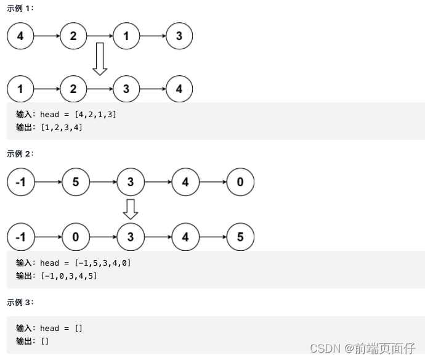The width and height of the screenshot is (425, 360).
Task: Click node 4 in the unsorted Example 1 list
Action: (x=20, y=36)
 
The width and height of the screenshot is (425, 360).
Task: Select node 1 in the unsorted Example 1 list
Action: (x=126, y=36)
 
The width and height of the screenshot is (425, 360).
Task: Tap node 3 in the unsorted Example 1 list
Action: (x=179, y=36)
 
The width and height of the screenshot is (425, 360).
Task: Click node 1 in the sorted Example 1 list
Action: (x=20, y=89)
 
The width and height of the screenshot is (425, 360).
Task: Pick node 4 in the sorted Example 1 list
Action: (x=179, y=89)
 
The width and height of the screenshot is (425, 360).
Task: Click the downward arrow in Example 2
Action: (x=130, y=208)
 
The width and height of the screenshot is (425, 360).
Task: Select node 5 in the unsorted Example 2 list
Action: (x=75, y=182)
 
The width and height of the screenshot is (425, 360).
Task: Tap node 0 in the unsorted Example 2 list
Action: (x=240, y=182)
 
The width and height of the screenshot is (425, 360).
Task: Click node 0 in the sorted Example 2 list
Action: (x=75, y=237)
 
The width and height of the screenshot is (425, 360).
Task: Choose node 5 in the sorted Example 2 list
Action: (x=240, y=237)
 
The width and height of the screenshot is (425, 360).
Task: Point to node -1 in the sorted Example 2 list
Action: (x=20, y=237)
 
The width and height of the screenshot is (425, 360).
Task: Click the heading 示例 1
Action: (x=20, y=8)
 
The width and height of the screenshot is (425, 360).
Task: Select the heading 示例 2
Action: (x=20, y=153)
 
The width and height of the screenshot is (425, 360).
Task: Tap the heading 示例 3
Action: (x=20, y=302)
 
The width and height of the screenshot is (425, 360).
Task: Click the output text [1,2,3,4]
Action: (x=62, y=128)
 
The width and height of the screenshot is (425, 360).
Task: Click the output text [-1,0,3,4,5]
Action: (x=68, y=276)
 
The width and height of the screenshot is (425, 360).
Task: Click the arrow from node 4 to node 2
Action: (x=47, y=36)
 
